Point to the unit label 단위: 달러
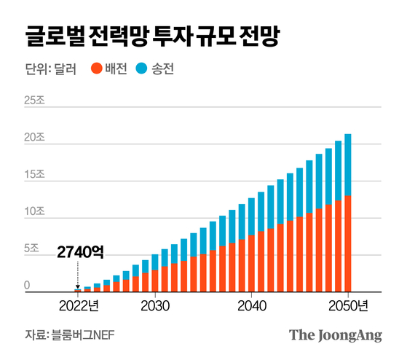(x=49, y=70)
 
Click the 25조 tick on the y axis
(x=33, y=101)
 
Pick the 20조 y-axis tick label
(x=33, y=138)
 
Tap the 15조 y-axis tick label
(x=33, y=176)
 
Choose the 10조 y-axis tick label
(x=33, y=213)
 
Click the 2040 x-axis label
(x=251, y=303)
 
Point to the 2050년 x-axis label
(x=352, y=303)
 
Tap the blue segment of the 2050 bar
(x=347, y=165)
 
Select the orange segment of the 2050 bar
(x=347, y=244)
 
